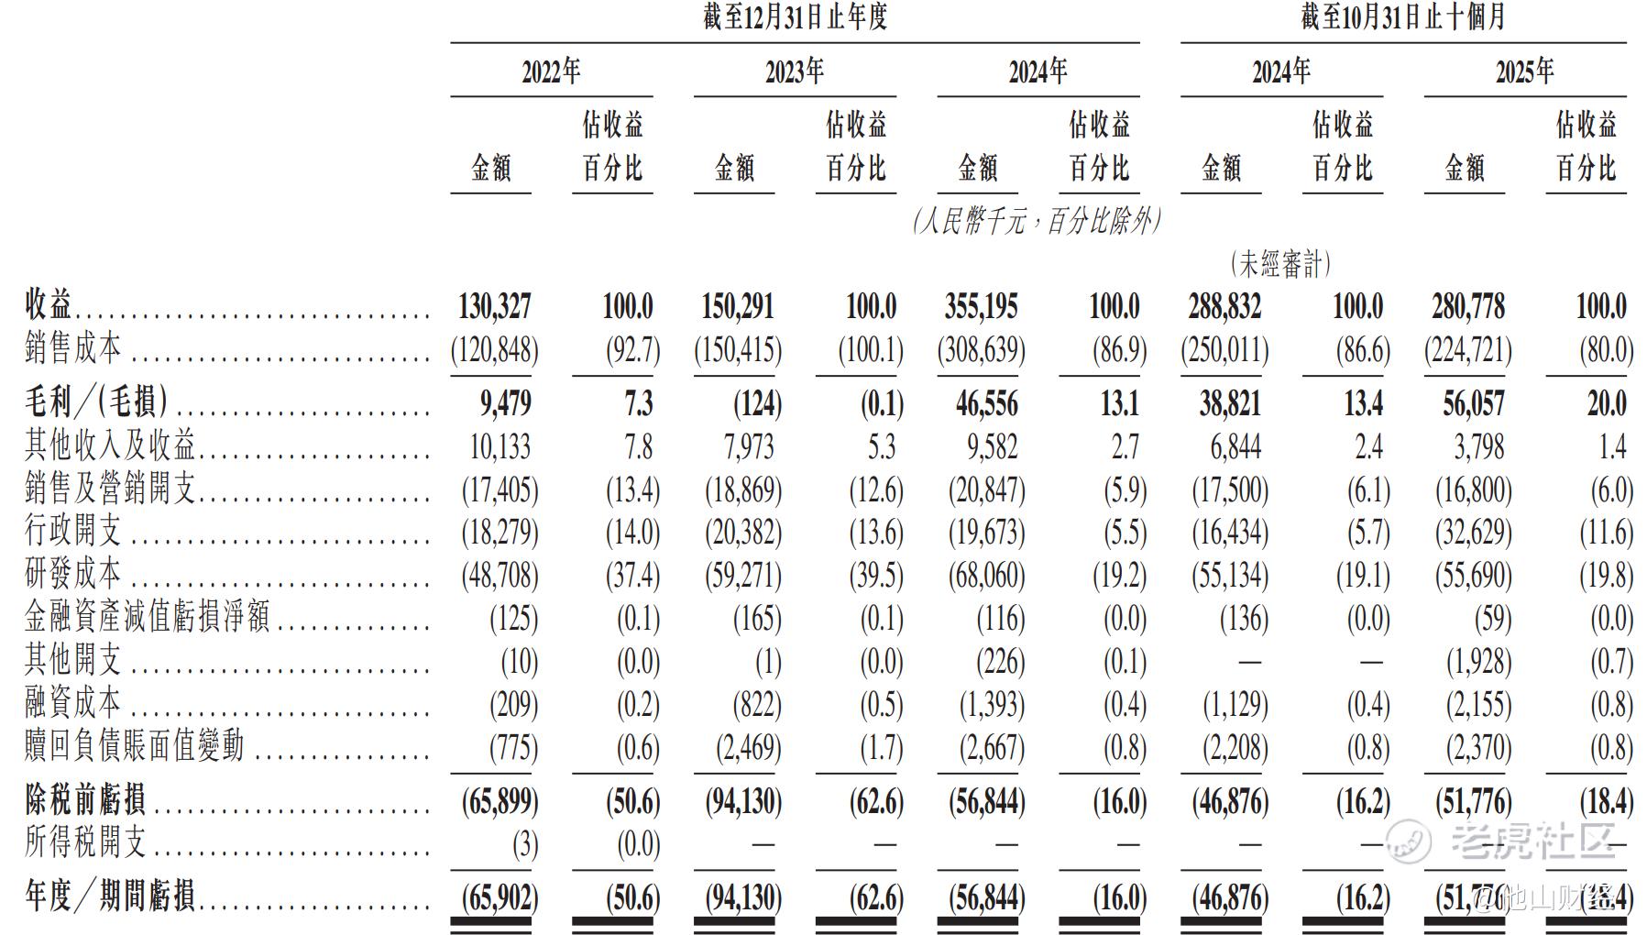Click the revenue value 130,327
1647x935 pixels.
coord(494,306)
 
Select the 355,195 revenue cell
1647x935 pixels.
coord(981,306)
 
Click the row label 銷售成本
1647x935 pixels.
coord(72,348)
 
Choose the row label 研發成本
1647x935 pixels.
coord(72,575)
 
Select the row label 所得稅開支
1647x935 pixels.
coord(85,842)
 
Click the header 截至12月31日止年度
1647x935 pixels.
coord(795,17)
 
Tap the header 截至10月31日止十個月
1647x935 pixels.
coord(1402,17)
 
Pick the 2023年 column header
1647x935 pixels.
coord(795,71)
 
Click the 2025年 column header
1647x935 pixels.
coord(1524,71)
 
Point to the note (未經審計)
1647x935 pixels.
coord(1280,265)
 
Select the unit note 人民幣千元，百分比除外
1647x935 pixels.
coord(1037,221)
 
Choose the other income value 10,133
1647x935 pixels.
coord(500,446)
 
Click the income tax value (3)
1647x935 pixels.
coord(524,844)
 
